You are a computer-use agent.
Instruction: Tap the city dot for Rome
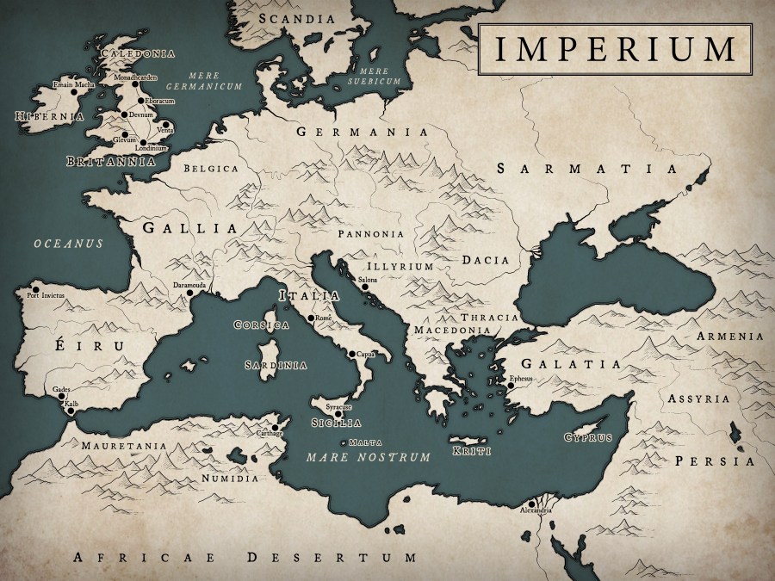311,318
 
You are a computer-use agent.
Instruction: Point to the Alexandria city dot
533,504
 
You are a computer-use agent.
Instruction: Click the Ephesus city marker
510,386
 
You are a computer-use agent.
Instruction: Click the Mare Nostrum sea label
368,457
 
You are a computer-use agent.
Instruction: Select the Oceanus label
68,244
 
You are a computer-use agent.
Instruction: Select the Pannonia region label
371,232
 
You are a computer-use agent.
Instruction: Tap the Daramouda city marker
189,293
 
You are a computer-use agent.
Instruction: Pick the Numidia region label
230,477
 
